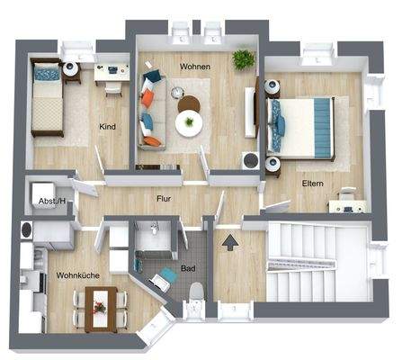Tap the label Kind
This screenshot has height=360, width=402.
click(107, 127)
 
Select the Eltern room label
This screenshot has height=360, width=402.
click(313, 183)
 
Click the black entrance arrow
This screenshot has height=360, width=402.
click(231, 240)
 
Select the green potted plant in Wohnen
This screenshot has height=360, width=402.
click(242, 58)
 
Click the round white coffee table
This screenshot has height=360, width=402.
click(190, 125)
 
